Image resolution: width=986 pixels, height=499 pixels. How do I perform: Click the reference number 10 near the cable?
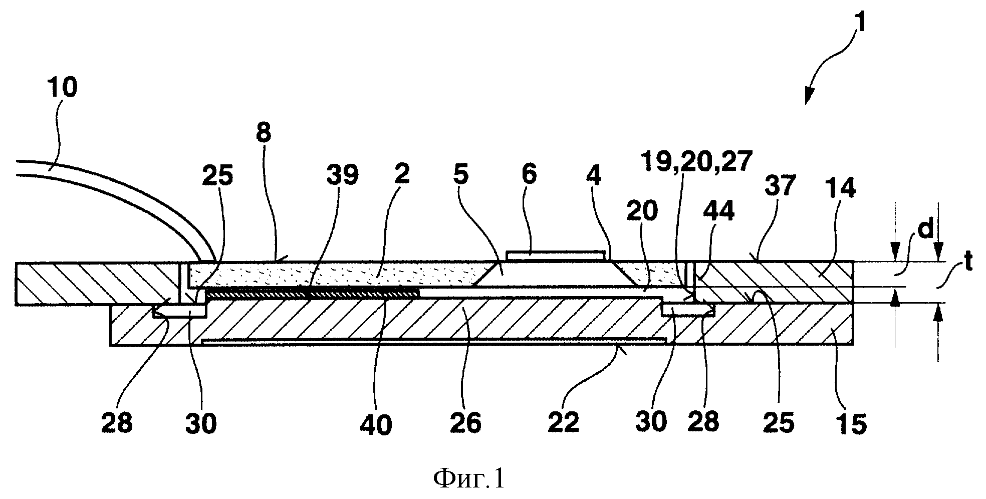click(x=63, y=88)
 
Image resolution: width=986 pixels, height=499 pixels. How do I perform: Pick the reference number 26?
click(x=466, y=424)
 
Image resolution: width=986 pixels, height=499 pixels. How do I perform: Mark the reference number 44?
click(x=718, y=212)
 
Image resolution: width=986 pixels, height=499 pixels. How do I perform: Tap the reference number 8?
click(x=264, y=133)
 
